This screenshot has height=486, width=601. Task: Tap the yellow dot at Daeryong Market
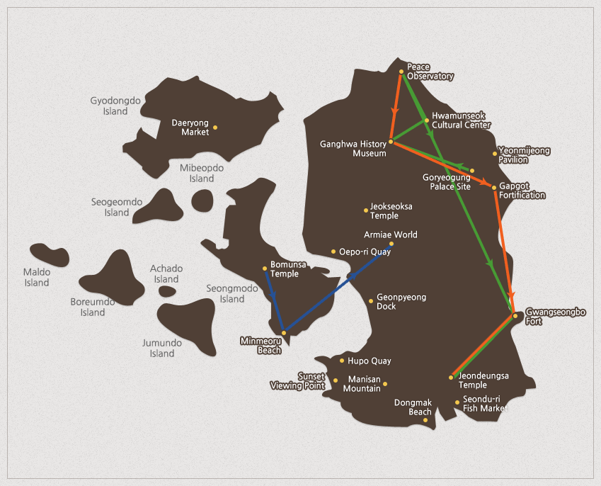(215, 128)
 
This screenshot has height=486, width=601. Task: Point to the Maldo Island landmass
(49, 255)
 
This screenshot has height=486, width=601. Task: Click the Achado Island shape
(167, 291)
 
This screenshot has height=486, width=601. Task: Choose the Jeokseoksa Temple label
(391, 211)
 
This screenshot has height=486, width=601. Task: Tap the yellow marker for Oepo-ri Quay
(333, 251)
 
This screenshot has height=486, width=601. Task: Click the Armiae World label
(391, 234)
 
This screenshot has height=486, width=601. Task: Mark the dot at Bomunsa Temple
(265, 268)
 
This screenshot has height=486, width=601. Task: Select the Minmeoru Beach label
(261, 345)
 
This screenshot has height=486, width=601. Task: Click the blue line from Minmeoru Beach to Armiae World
(336, 289)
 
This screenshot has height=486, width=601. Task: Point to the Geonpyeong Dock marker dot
(370, 301)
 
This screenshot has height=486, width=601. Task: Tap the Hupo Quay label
(369, 361)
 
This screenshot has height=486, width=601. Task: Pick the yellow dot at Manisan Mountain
(385, 385)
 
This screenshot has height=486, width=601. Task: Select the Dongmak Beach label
(413, 407)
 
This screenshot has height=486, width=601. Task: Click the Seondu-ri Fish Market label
(486, 403)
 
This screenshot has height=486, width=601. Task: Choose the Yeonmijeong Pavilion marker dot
(495, 153)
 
